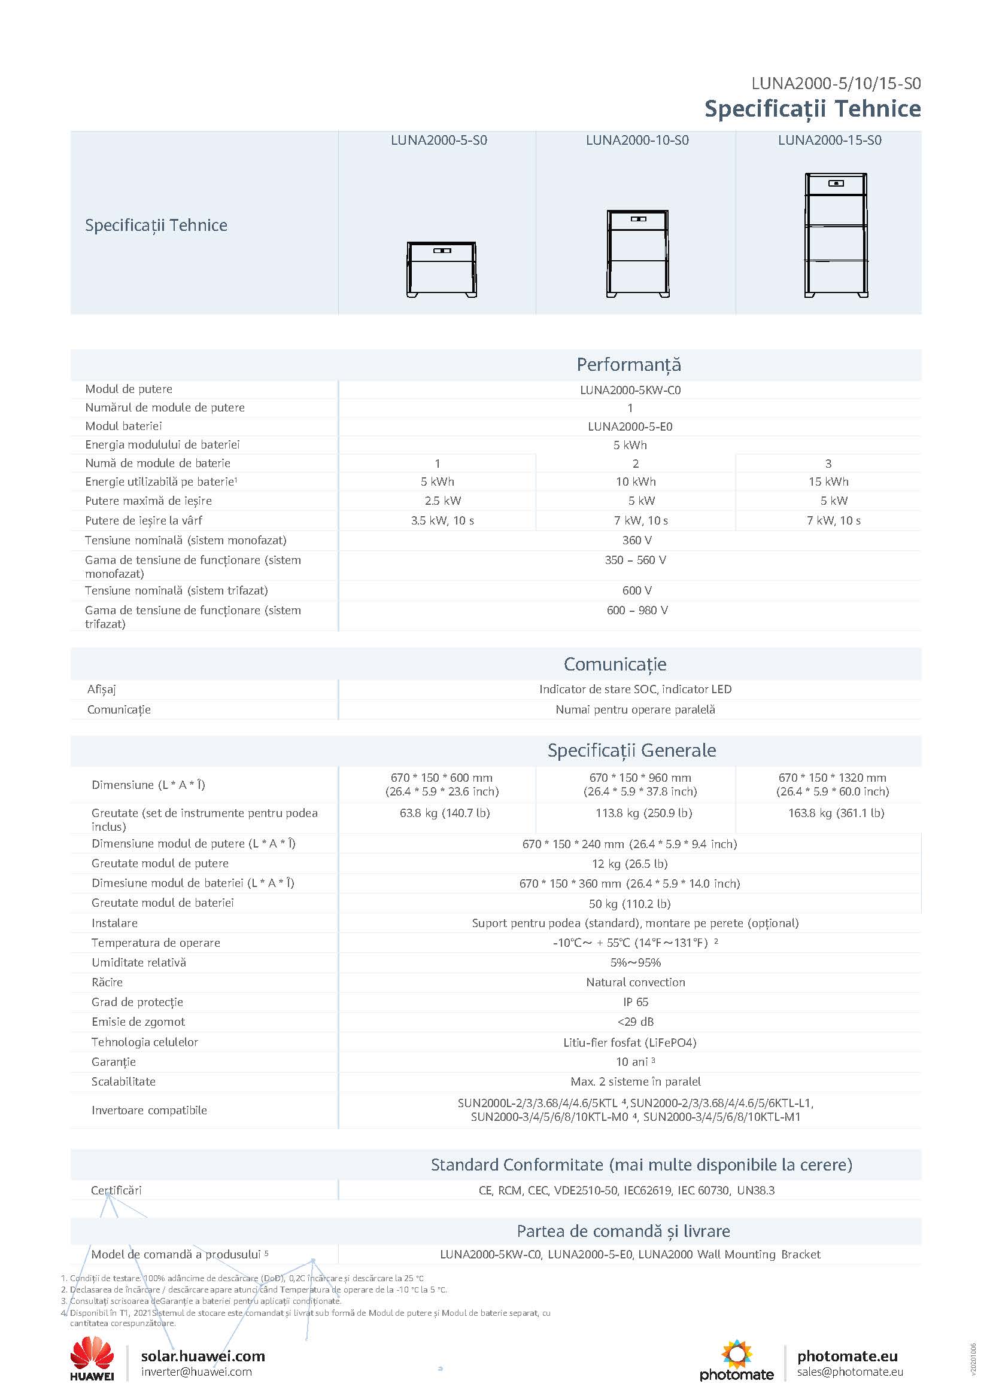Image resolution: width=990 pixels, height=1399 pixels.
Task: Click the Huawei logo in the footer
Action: click(x=92, y=1358)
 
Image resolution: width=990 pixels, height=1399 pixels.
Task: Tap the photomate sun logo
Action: click(x=736, y=1353)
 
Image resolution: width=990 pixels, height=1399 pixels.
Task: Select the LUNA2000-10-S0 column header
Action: click(x=637, y=140)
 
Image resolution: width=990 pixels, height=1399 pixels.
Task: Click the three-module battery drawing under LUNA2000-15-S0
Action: click(x=836, y=235)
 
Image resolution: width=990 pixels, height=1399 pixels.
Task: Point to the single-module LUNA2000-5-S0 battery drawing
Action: click(x=441, y=269)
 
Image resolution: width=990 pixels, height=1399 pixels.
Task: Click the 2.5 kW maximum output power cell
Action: click(x=442, y=501)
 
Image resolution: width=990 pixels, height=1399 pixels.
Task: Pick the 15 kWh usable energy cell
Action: click(x=828, y=481)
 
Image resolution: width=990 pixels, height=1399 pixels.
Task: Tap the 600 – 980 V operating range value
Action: click(x=637, y=610)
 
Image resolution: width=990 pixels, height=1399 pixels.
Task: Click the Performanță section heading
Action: click(x=628, y=364)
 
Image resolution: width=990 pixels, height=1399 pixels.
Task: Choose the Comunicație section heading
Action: click(x=615, y=663)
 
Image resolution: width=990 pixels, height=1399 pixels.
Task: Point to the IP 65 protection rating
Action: click(x=635, y=1002)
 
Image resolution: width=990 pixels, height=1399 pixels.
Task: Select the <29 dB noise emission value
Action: click(x=635, y=1021)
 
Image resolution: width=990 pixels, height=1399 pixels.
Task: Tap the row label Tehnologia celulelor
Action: click(x=144, y=1042)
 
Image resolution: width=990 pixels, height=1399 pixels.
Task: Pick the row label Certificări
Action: click(x=116, y=1190)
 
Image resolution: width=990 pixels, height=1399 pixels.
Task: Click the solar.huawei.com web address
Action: click(x=203, y=1356)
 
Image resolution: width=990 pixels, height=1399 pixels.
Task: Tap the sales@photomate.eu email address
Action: click(x=850, y=1371)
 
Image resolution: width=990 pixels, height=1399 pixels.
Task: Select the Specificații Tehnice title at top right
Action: click(x=812, y=108)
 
